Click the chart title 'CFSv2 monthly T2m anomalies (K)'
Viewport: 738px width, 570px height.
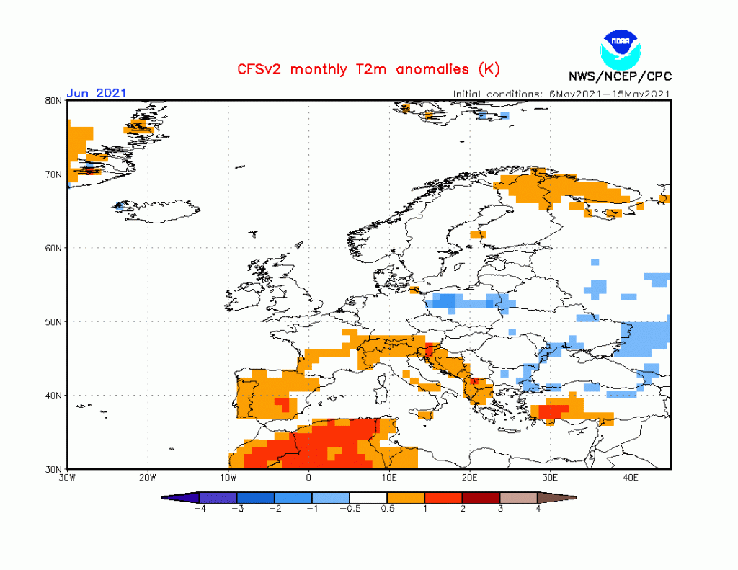pos(368,69)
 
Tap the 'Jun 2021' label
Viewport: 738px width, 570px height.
pos(97,93)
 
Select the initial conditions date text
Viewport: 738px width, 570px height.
pos(562,93)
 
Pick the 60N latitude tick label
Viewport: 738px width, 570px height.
pos(52,247)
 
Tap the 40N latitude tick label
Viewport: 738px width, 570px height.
pos(52,395)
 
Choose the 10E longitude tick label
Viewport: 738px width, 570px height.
pos(389,477)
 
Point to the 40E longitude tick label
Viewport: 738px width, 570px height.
pos(630,477)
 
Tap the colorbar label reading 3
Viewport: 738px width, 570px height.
pos(499,509)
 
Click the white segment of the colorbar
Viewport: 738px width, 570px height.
pos(368,497)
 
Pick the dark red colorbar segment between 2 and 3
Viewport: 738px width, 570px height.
pos(481,497)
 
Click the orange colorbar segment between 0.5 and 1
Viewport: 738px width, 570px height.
pos(406,497)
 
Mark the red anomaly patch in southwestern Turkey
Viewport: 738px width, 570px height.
pos(552,412)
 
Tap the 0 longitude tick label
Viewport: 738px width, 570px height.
pos(308,477)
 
